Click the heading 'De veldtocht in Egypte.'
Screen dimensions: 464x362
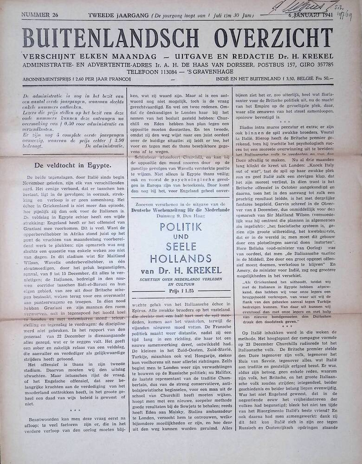coord(73,165)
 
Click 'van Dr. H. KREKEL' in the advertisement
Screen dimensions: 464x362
coord(181,270)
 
